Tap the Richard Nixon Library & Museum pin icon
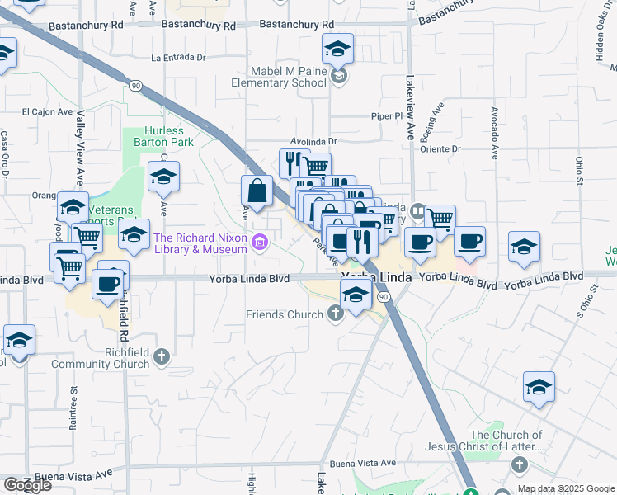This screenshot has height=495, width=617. tap(261, 242)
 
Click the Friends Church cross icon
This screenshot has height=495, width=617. tap(335, 313)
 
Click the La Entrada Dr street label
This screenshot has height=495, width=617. tap(179, 58)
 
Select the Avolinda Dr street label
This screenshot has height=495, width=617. tap(313, 142)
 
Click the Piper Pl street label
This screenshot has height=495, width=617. tap(385, 116)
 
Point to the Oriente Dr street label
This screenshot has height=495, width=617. tap(440, 149)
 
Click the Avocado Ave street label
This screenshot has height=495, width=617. tap(495, 132)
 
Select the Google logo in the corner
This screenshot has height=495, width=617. tap(27, 485)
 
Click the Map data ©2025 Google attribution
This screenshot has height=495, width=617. tap(566, 488)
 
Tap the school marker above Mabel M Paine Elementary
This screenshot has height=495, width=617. tap(337, 51)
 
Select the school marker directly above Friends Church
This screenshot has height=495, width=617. tap(356, 294)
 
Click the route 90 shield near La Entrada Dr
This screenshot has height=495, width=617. tap(134, 85)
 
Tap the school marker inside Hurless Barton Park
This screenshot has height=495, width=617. tap(163, 176)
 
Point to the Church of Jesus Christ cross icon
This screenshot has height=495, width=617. tap(520, 465)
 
